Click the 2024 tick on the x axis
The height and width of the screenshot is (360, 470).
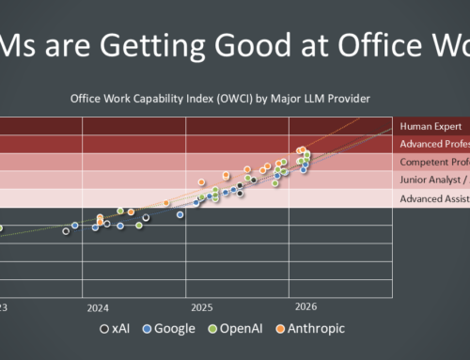point(98,307)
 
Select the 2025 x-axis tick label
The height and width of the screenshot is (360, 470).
point(201,307)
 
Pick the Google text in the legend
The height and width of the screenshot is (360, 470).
point(176,329)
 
